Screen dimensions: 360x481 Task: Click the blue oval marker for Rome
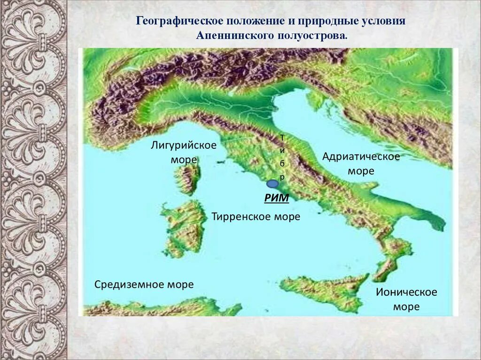click(272, 184)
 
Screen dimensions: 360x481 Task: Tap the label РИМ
click(276, 199)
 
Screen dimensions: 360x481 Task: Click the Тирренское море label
click(256, 217)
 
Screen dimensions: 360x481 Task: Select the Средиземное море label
click(144, 284)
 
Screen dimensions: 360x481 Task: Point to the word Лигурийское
click(184, 145)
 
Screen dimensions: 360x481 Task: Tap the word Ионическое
click(406, 292)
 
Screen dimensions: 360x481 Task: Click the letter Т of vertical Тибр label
click(282, 137)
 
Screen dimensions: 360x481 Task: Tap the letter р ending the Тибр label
click(282, 177)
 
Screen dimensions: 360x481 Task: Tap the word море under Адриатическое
click(361, 171)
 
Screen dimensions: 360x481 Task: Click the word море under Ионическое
click(406, 307)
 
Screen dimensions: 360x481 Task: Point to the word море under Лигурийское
click(184, 160)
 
